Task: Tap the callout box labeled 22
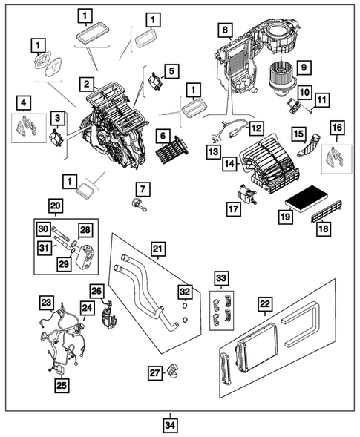click(264, 303)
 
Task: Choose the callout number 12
click(255, 128)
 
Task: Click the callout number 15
click(298, 134)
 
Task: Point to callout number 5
click(171, 71)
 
